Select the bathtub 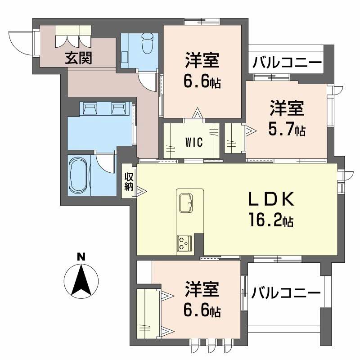click(79, 175)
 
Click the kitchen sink click(185, 202)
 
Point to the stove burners click(184, 243)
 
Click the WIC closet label click(194, 142)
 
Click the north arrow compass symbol click(81, 280)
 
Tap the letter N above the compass click(81, 257)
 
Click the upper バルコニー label click(287, 63)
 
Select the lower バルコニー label click(286, 293)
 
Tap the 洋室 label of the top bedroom click(202, 61)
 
